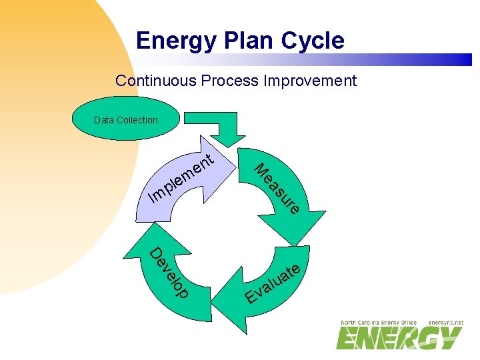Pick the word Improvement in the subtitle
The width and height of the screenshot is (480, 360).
pyautogui.click(x=310, y=81)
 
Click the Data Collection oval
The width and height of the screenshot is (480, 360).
pyautogui.click(x=126, y=120)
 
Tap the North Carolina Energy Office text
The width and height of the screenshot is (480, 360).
pyautogui.click(x=378, y=323)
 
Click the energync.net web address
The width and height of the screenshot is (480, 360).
pyautogui.click(x=445, y=323)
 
